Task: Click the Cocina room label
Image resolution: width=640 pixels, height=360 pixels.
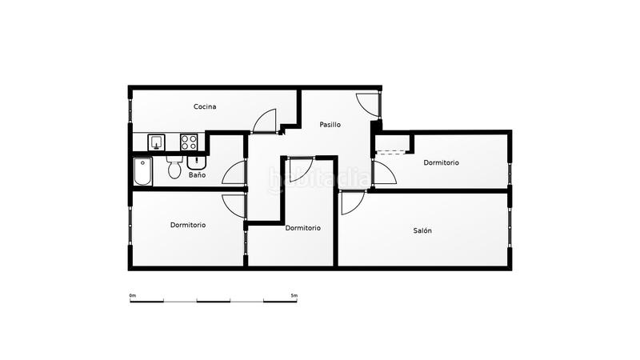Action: click(x=205, y=106)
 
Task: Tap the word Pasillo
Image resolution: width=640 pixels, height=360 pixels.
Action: click(x=330, y=125)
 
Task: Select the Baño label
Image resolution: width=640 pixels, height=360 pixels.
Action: click(x=198, y=174)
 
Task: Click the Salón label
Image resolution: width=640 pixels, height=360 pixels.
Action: click(x=422, y=230)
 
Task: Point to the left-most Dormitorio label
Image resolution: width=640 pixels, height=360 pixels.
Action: click(x=188, y=225)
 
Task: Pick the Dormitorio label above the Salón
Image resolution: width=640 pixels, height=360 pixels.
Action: click(x=442, y=162)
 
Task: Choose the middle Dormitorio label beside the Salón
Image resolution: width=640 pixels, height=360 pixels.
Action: click(x=303, y=228)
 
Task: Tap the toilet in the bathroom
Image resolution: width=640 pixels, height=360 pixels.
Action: click(x=174, y=169)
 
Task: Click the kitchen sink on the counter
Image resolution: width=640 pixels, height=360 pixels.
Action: click(x=156, y=142)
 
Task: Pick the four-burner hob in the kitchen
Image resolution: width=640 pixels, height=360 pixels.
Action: click(x=189, y=142)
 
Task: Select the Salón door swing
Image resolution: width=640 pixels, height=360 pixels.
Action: click(x=351, y=202)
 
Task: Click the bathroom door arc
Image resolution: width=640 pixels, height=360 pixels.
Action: click(x=234, y=174)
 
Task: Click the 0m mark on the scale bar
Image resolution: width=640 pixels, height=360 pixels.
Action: click(x=132, y=296)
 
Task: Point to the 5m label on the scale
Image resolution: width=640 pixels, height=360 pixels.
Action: click(x=294, y=296)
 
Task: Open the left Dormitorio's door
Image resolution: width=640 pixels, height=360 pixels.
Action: click(x=234, y=206)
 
